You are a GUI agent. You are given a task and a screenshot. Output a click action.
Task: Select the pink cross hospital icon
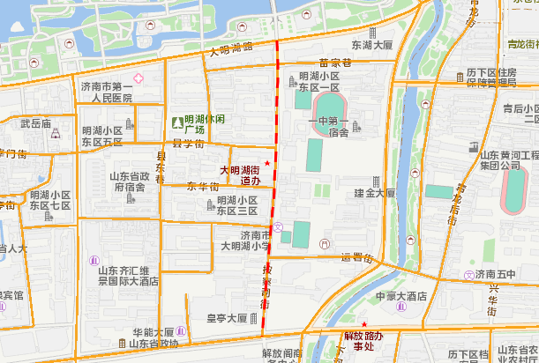point(138,79)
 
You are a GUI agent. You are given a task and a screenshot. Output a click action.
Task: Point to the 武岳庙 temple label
point(36,123)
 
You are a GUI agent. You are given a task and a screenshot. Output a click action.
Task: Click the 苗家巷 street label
point(335,63)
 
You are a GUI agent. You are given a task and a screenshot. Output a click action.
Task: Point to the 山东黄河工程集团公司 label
point(509,159)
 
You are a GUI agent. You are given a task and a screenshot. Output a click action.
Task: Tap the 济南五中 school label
point(507,275)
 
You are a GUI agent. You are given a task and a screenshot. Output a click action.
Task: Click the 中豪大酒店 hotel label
point(401,296)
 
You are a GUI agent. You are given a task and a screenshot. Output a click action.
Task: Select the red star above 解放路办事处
point(363,325)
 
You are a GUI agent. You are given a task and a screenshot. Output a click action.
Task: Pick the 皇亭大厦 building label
point(227,318)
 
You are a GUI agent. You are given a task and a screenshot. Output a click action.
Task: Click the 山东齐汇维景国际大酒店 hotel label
point(128,276)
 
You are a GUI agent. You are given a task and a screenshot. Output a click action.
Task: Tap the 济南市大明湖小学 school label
point(245,241)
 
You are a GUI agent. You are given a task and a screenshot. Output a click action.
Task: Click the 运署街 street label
point(357,258)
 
